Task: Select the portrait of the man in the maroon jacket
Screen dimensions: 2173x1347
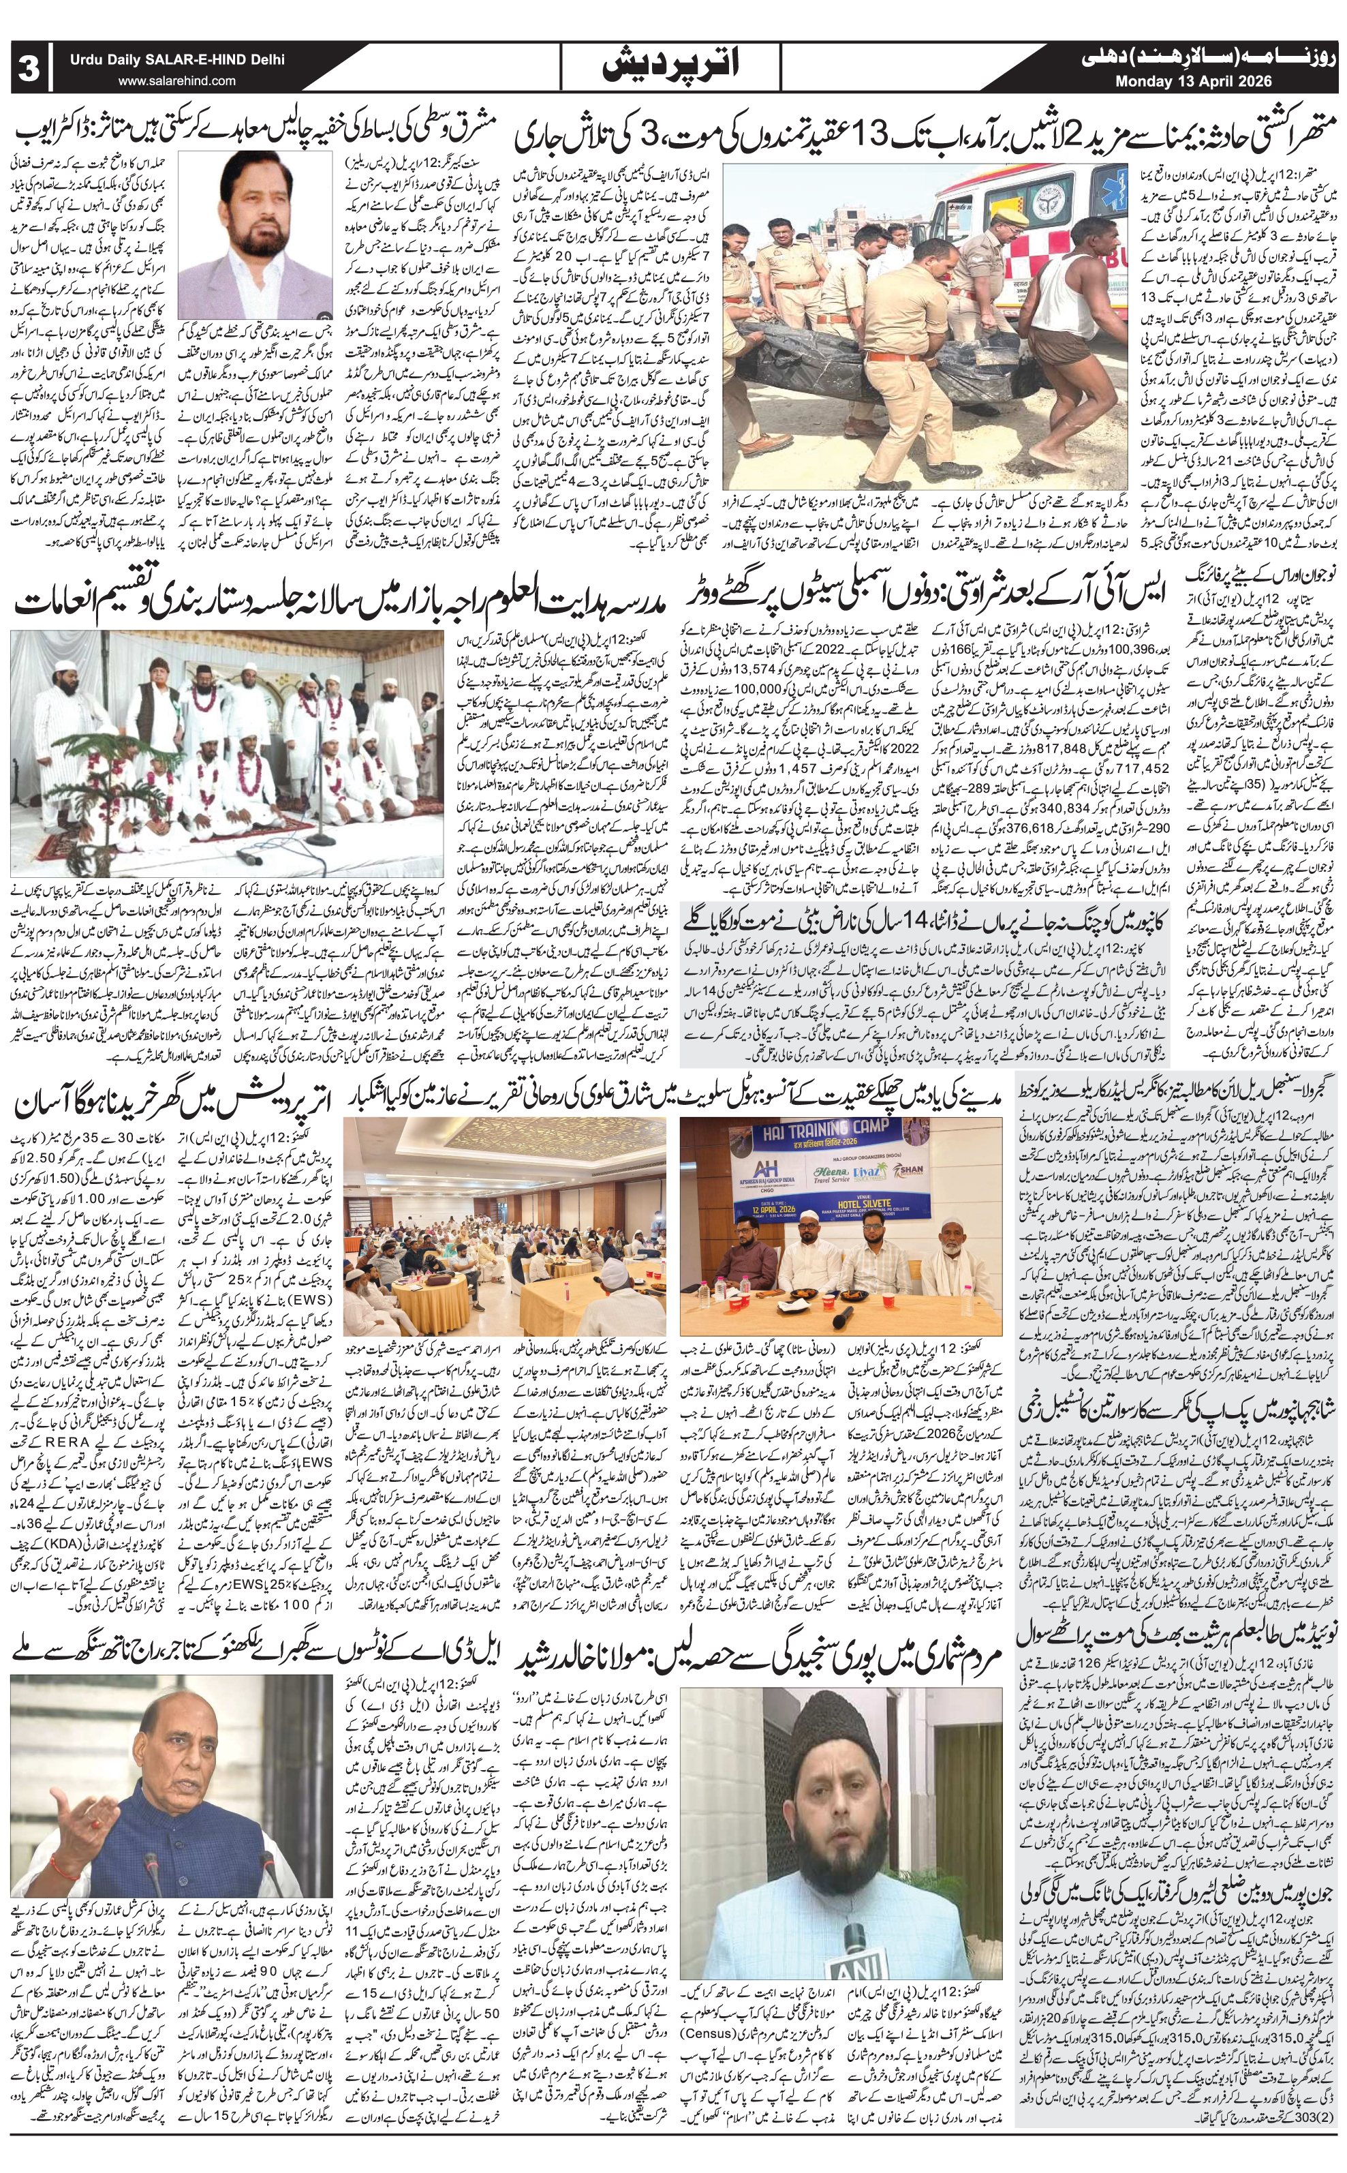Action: [x=251, y=234]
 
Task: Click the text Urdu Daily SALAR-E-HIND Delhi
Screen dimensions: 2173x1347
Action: [x=179, y=61]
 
